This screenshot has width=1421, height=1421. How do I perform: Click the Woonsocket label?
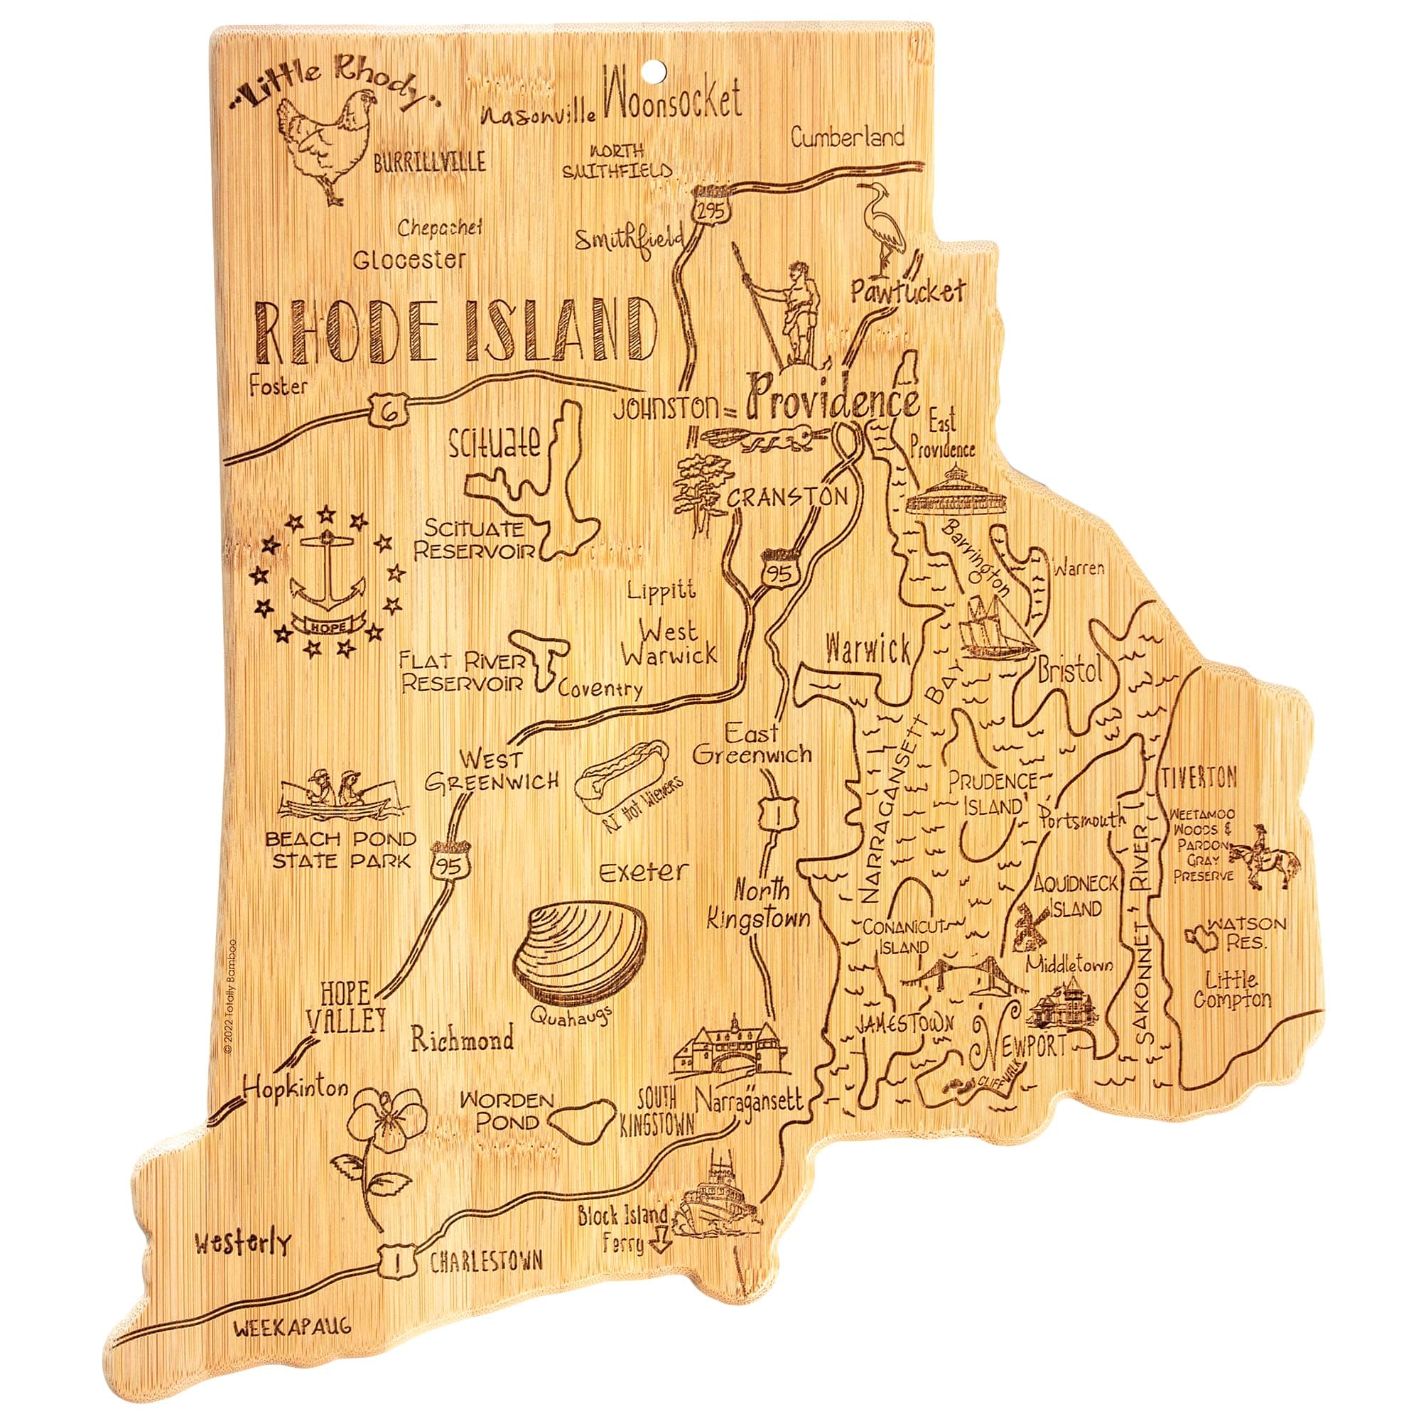669,101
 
